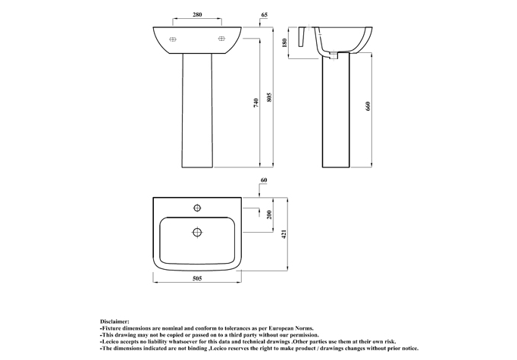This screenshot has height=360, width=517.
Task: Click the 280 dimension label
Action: [x=197, y=14]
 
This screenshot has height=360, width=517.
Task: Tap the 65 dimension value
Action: [x=264, y=14]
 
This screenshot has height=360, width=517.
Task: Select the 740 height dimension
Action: [x=256, y=103]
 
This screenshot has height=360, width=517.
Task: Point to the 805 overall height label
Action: [x=269, y=97]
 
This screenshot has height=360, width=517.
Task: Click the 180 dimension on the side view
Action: [x=285, y=43]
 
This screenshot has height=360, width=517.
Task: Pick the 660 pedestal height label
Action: [x=368, y=106]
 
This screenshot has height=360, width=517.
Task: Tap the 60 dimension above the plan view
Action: [x=264, y=180]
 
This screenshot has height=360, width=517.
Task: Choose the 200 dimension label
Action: [x=269, y=215]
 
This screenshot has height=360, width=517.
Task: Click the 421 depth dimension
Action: [x=284, y=233]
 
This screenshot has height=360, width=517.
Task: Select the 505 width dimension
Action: [x=197, y=279]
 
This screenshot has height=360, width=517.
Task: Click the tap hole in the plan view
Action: [x=197, y=208]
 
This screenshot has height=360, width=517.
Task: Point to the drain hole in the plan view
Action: [x=197, y=232]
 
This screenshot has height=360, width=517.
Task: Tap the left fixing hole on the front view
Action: [x=173, y=39]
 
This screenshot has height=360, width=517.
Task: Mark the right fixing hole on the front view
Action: [x=221, y=39]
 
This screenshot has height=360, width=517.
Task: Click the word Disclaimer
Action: [x=114, y=321]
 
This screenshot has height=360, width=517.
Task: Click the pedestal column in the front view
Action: [x=197, y=111]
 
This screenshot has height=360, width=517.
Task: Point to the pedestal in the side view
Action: [x=336, y=111]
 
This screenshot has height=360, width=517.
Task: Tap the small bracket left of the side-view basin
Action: [x=302, y=36]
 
